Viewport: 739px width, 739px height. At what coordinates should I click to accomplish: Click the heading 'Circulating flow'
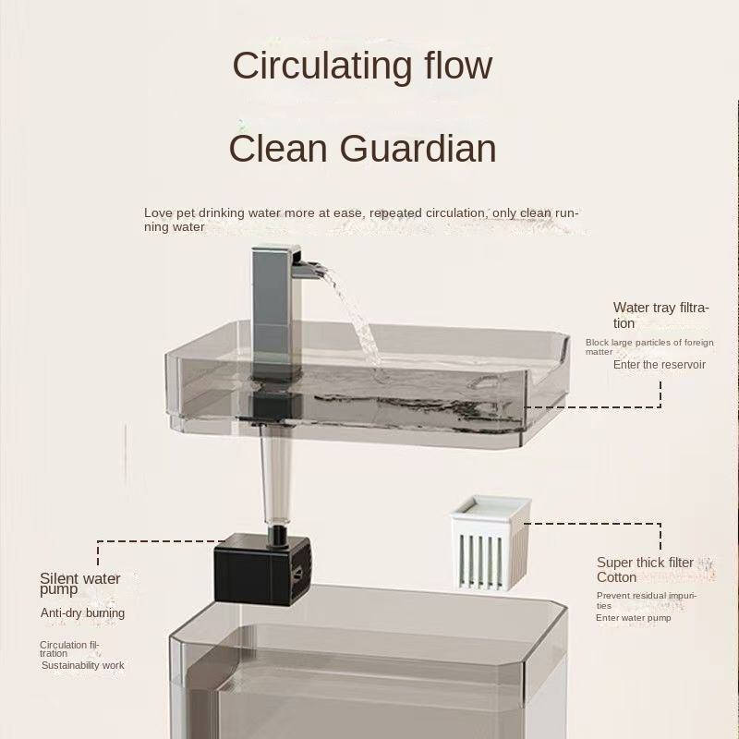tap(362, 67)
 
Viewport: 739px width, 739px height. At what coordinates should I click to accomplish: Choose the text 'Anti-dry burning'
tap(82, 613)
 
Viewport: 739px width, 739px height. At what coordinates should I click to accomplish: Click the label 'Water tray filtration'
tap(660, 315)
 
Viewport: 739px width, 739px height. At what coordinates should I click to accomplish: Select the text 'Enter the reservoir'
tap(659, 365)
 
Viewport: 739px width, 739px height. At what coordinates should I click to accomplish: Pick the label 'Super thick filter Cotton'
tap(644, 569)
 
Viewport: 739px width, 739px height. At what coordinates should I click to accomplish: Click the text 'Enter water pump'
tap(633, 617)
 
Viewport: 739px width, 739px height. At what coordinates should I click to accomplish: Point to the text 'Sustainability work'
tap(82, 665)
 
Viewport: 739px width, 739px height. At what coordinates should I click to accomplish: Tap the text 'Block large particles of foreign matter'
tap(648, 346)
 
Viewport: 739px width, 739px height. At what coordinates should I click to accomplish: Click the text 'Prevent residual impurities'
tap(646, 600)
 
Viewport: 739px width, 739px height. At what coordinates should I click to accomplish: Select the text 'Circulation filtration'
tap(68, 648)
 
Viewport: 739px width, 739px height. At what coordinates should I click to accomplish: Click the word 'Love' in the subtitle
tap(157, 213)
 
